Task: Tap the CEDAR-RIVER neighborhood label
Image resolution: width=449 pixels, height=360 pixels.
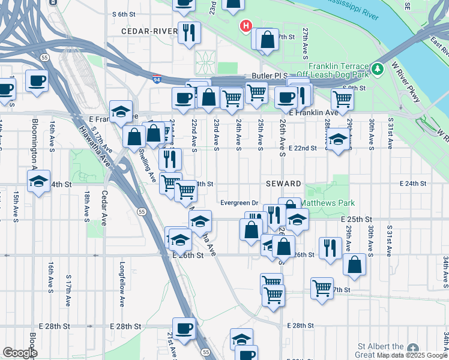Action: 149,31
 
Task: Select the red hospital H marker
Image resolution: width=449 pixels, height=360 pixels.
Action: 246,26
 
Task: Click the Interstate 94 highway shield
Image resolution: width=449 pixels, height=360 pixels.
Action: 156,79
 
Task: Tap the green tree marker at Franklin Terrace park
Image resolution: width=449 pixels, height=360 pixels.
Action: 377,69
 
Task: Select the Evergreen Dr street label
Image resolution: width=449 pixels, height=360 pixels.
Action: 238,203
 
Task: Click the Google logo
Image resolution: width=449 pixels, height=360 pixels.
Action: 20,353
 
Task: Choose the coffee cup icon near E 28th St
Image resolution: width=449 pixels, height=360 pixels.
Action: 184,328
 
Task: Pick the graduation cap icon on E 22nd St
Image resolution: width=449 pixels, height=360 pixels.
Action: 338,142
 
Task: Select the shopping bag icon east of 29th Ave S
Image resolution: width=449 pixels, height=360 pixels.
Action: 355,265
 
